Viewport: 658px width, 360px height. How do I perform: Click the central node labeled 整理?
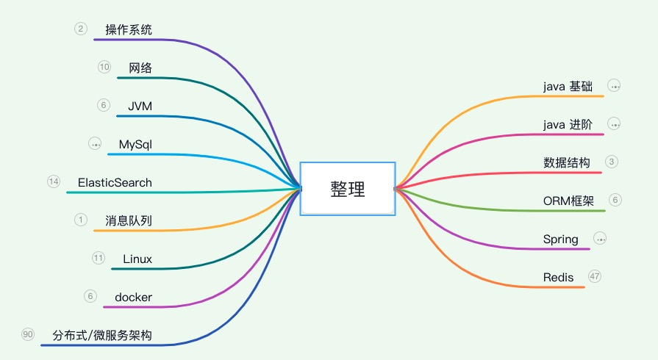point(347,189)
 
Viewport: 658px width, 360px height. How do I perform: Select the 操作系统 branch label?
point(129,29)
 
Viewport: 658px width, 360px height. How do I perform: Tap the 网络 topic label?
point(140,68)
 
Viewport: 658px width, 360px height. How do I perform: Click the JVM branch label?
point(140,106)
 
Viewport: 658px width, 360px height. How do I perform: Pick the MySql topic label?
point(135,144)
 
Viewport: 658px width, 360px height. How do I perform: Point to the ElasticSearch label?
point(115,182)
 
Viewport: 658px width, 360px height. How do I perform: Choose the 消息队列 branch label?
point(129,220)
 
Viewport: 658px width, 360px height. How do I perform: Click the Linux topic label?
point(137,259)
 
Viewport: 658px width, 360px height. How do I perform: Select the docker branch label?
point(134,297)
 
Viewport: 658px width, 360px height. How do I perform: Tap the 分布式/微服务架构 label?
point(102,336)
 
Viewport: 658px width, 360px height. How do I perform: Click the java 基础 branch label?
point(568,86)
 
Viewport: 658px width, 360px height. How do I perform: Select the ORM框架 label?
point(568,201)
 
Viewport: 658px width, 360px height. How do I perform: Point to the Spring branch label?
point(560,239)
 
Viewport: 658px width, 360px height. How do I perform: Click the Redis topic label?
point(558,277)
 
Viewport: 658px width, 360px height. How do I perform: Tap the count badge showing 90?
point(28,334)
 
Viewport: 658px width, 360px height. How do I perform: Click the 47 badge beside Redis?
point(595,276)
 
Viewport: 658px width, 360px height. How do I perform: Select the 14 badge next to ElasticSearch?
point(53,181)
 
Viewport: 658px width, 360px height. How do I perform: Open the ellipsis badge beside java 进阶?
point(615,124)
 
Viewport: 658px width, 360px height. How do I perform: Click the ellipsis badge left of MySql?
point(95,143)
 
